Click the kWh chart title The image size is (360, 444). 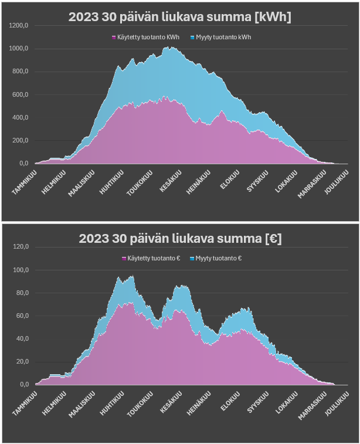point(179,18)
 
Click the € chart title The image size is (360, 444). point(179,239)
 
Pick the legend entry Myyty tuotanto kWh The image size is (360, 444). point(223,37)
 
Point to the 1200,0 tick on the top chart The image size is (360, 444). point(19,26)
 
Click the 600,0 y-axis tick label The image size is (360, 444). point(20,94)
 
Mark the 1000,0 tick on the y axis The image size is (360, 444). point(19,49)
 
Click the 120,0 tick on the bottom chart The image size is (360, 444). point(20,247)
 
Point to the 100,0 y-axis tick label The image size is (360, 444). point(20,270)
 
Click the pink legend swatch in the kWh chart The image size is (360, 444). point(114,37)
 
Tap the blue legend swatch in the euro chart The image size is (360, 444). point(192,258)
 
